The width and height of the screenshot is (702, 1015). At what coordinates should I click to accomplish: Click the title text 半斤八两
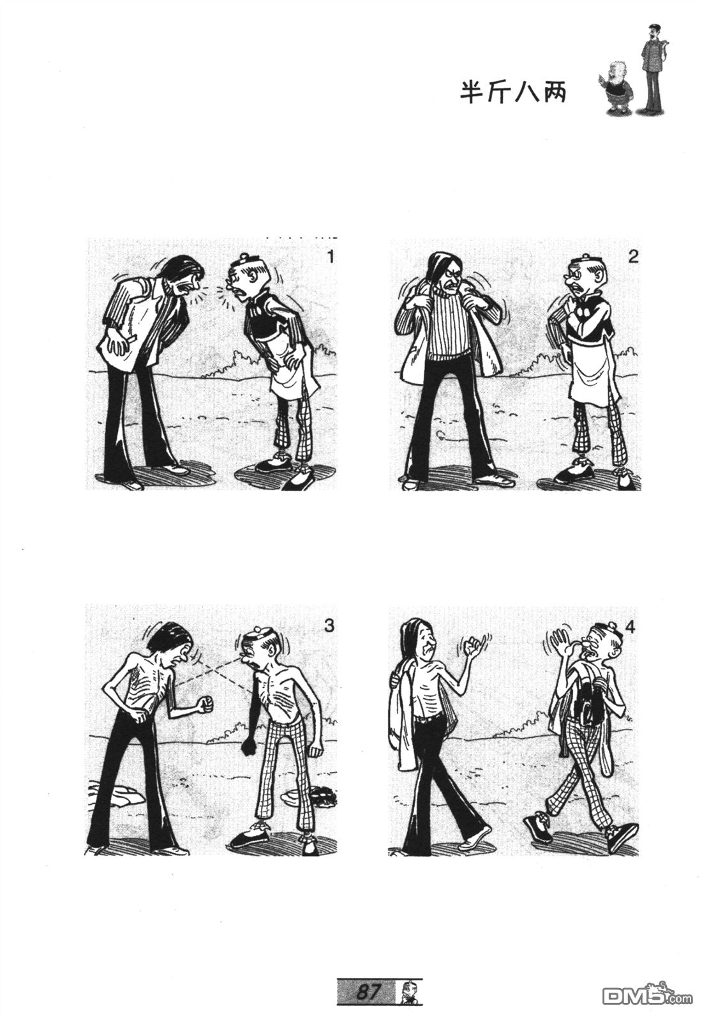(x=513, y=93)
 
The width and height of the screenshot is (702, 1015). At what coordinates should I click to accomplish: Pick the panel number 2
(x=632, y=257)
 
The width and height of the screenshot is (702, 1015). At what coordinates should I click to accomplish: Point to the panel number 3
(x=329, y=626)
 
